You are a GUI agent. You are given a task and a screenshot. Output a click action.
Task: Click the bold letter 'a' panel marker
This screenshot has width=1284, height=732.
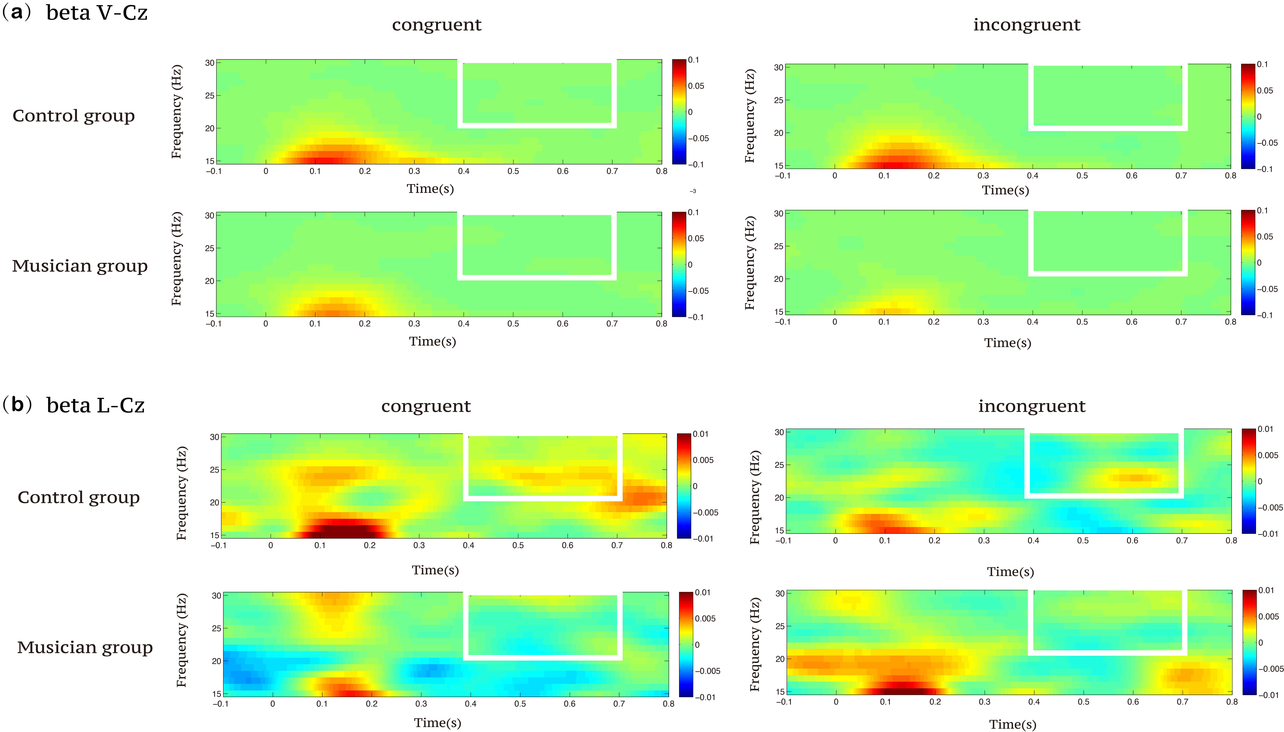[17, 12]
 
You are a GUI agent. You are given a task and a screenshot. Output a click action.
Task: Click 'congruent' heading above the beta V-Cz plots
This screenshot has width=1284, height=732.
[436, 25]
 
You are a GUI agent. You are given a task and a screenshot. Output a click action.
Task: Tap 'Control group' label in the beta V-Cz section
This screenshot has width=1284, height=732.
[73, 116]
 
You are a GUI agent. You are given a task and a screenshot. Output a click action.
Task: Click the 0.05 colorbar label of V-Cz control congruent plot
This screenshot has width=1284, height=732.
[696, 86]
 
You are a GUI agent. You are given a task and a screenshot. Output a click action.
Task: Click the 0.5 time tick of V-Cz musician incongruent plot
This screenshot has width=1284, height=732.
[1082, 322]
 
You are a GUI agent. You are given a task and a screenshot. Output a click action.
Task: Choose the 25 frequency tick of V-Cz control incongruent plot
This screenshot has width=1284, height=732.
[778, 100]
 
